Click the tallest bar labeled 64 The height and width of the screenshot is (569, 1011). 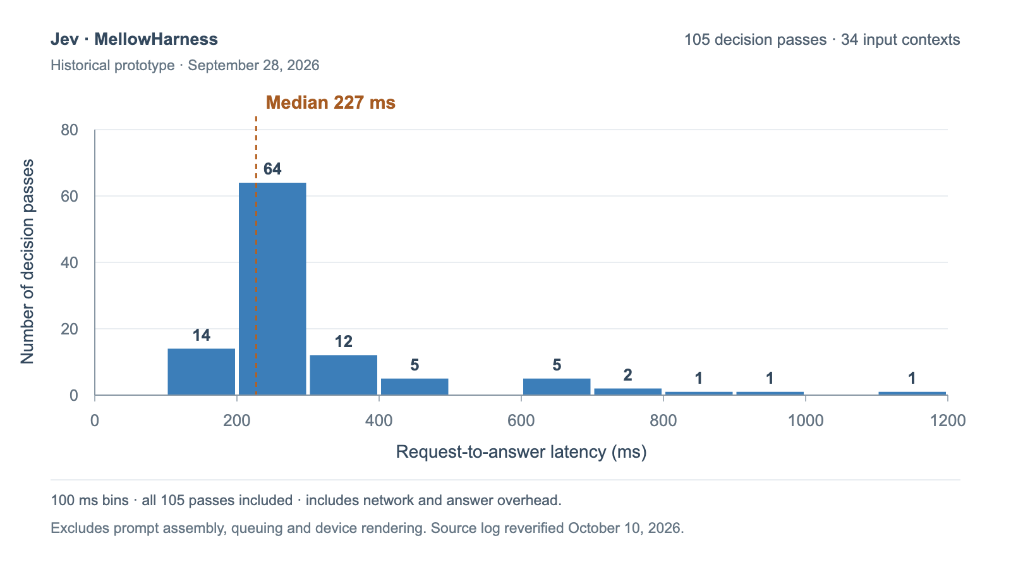coord(272,289)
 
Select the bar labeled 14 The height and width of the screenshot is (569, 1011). coord(202,372)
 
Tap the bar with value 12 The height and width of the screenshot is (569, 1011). coord(344,376)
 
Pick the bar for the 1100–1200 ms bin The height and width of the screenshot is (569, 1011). coord(912,393)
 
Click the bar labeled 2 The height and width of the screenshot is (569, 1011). coord(628,392)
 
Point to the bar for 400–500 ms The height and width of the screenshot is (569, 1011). coord(415,387)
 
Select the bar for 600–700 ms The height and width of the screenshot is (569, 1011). coord(557,387)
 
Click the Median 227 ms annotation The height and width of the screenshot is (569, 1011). coord(330,102)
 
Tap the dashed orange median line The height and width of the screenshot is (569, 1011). coord(256,255)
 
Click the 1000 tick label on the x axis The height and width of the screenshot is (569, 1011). coord(806,421)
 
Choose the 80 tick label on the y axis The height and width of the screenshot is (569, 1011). coord(70,130)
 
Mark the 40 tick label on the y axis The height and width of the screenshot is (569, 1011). coord(70,263)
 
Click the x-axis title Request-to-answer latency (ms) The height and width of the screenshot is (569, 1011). coord(521,452)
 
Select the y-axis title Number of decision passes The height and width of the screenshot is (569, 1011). coord(27,262)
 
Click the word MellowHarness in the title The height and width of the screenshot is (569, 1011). coord(156,39)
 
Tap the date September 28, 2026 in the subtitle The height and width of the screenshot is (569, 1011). coord(253,66)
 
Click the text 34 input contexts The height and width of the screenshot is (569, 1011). coord(900,40)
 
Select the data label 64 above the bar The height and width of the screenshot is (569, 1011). coord(272,169)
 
